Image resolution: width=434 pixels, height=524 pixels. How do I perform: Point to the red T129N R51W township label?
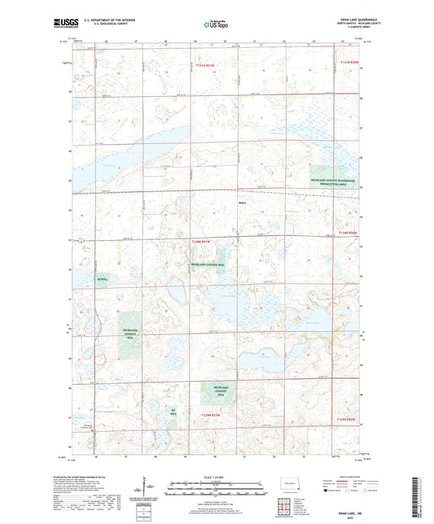coord(205,414)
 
